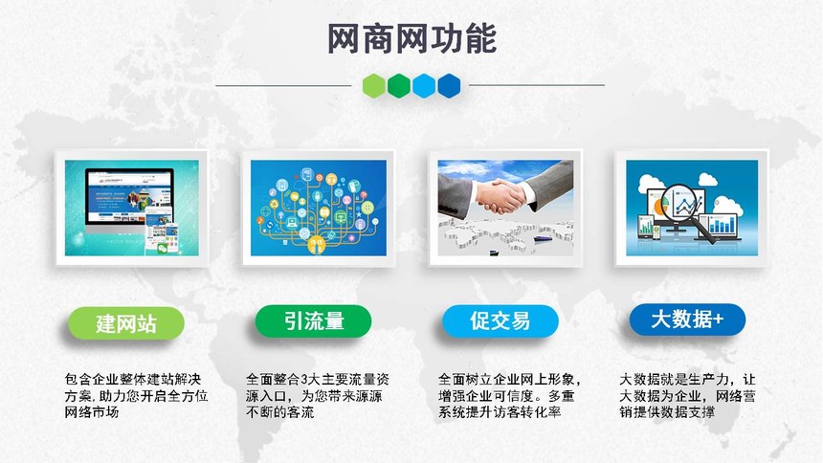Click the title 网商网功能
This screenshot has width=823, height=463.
tap(412, 39)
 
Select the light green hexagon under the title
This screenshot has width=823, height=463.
tap(374, 85)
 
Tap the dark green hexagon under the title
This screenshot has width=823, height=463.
tap(399, 85)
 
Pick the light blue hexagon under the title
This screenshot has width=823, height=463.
tap(424, 85)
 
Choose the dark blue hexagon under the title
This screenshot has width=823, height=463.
tap(449, 85)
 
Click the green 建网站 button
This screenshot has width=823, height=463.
tap(126, 322)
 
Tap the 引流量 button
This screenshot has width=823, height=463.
tap(313, 321)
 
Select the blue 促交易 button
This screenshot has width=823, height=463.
tap(500, 321)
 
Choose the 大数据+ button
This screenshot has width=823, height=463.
tap(687, 320)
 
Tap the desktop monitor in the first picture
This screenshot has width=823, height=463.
tap(129, 201)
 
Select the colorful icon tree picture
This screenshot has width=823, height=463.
tap(319, 208)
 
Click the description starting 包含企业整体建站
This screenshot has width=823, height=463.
tap(136, 395)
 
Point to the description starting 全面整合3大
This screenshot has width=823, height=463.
tap(318, 395)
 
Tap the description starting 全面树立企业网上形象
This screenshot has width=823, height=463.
tap(510, 395)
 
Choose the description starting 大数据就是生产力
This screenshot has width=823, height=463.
tap(687, 395)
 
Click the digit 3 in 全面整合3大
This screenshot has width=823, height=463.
tap(303, 380)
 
